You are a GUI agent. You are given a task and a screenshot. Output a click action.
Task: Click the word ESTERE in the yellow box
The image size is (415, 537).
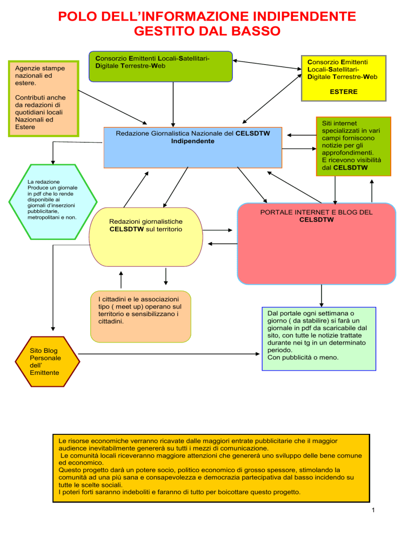pyautogui.click(x=343, y=92)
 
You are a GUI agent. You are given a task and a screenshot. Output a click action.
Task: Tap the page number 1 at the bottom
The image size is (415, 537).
pyautogui.click(x=373, y=511)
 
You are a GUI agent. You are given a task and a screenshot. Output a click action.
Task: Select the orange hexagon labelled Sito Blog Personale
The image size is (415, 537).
pyautogui.click(x=48, y=361)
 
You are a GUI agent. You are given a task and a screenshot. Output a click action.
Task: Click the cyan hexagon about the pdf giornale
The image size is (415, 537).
pyautogui.click(x=53, y=202)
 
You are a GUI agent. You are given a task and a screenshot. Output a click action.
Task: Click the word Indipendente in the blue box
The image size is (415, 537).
pyautogui.click(x=192, y=141)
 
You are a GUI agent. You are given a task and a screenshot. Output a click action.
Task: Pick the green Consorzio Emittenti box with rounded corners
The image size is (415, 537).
pyautogui.click(x=160, y=66)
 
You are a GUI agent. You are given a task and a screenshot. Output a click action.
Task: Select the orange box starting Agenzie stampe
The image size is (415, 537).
pyautogui.click(x=44, y=99)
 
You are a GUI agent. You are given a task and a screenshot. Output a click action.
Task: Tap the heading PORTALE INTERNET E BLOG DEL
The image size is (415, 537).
pyautogui.click(x=316, y=212)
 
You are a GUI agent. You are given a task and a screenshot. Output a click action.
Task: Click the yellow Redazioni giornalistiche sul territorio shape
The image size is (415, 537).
pyautogui.click(x=146, y=237)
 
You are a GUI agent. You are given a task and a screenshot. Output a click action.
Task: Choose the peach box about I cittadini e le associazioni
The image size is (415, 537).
pyautogui.click(x=140, y=317)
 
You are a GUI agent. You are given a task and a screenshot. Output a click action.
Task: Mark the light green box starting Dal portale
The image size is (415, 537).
pyautogui.click(x=319, y=339)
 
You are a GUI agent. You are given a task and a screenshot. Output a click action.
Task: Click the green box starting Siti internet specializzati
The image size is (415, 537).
pyautogui.click(x=353, y=146)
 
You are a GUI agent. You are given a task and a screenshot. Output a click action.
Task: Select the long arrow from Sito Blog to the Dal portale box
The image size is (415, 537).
pyautogui.click(x=169, y=354)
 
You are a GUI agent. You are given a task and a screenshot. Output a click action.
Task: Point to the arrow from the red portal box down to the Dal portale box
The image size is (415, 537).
pyautogui.click(x=322, y=296)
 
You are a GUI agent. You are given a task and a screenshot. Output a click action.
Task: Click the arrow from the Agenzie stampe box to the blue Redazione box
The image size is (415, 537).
pyautogui.click(x=113, y=107)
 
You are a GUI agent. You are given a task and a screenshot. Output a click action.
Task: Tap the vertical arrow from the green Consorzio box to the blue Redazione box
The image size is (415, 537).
pyautogui.click(x=173, y=104)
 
